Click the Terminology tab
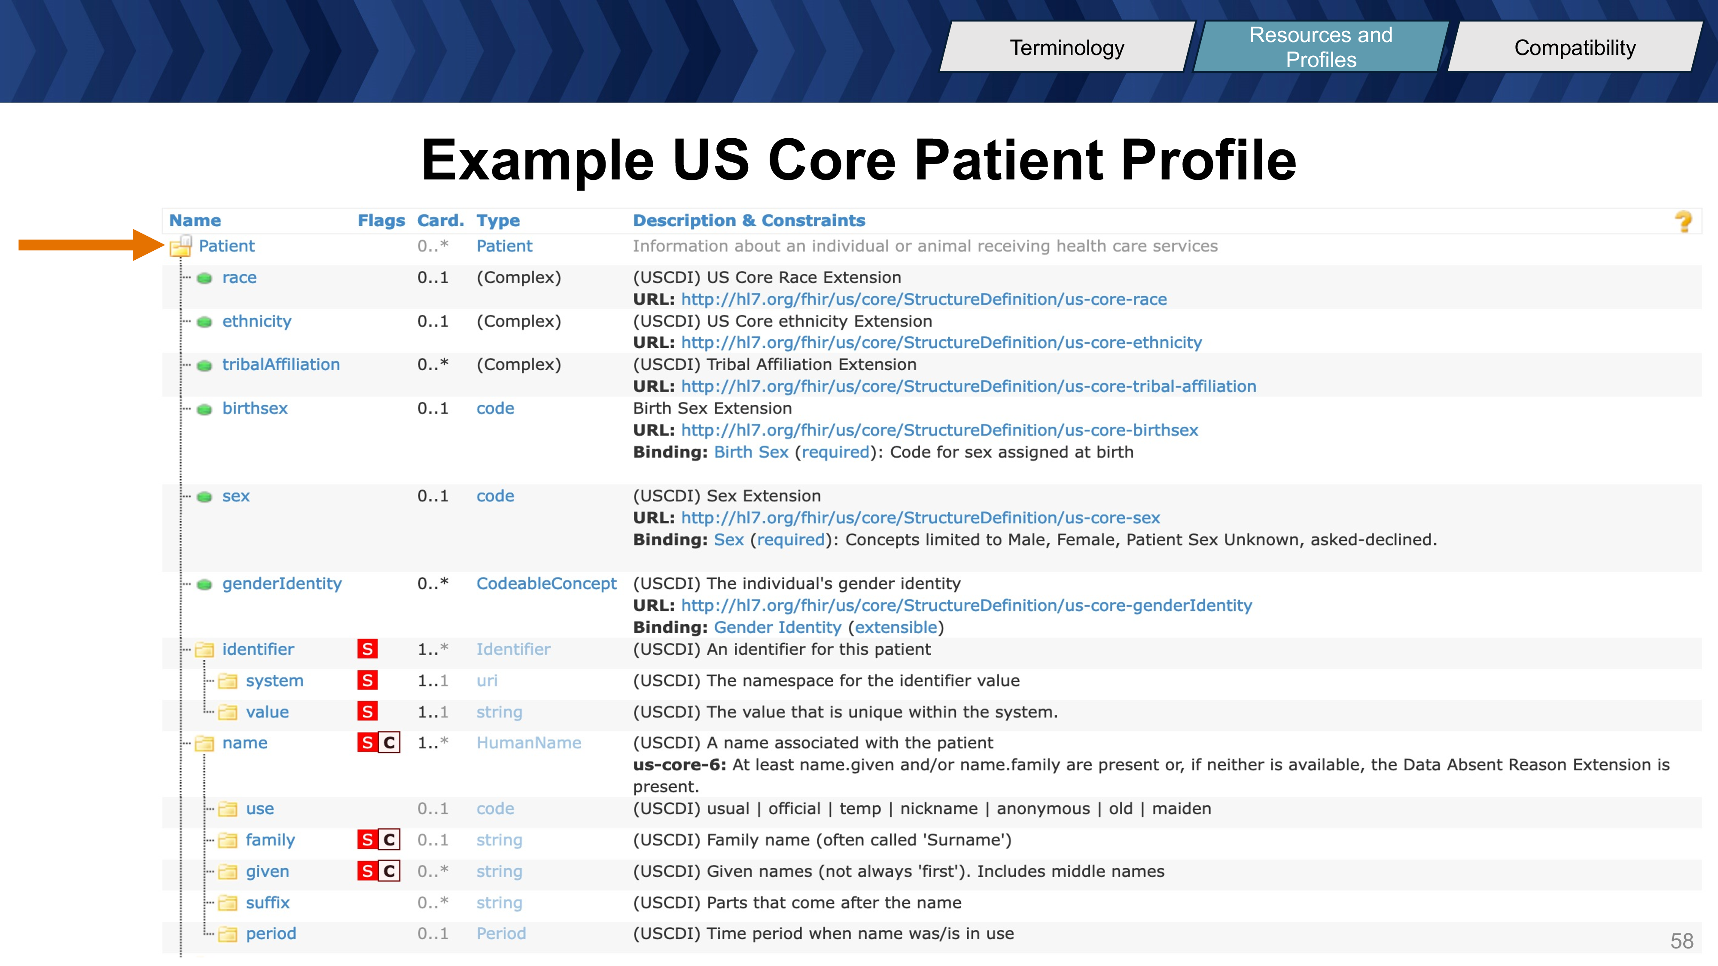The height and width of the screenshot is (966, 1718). [x=1067, y=47]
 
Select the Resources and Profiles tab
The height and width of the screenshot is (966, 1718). [x=1321, y=47]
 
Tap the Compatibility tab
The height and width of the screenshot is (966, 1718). [x=1575, y=47]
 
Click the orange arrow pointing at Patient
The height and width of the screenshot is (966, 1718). [x=91, y=245]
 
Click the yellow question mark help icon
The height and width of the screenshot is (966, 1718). [x=1683, y=222]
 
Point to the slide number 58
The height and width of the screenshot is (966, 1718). [x=1681, y=941]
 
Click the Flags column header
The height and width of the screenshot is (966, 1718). [x=381, y=221]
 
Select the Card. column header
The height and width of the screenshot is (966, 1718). [x=440, y=221]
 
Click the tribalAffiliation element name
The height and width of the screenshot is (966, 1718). [x=281, y=365]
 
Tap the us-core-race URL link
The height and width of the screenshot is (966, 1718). [x=924, y=299]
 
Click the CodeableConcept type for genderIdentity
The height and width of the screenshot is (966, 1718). [x=546, y=584]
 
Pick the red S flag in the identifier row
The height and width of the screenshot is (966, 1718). [x=368, y=649]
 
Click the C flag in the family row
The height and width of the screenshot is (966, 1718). [x=390, y=840]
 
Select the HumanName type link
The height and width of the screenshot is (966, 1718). [x=528, y=743]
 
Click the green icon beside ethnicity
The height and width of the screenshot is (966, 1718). [x=205, y=322]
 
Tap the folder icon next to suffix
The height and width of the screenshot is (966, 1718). [x=228, y=903]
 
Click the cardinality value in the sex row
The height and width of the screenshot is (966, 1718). [x=433, y=496]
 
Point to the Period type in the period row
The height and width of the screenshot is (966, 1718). [x=501, y=933]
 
